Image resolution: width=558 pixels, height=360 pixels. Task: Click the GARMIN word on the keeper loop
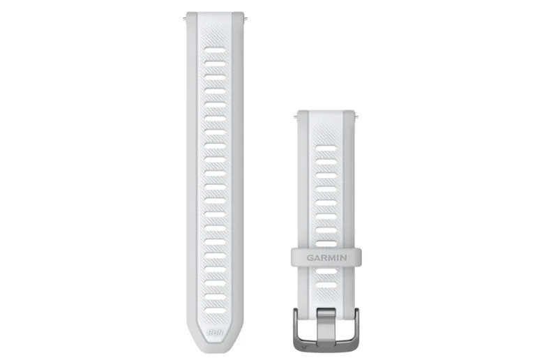coord(326,257)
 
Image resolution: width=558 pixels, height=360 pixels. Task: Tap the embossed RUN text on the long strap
coord(215,333)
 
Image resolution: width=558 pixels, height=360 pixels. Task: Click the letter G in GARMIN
coord(310,257)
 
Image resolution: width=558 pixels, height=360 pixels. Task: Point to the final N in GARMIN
coord(343,257)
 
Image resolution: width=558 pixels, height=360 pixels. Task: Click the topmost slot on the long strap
coord(215,50)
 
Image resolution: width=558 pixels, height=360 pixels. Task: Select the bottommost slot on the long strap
coord(215,311)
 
